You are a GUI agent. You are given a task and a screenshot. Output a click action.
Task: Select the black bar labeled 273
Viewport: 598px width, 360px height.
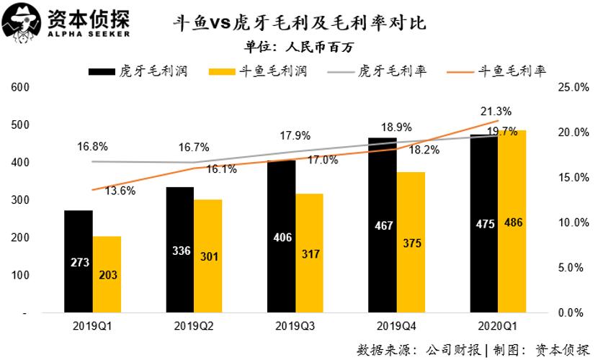78,261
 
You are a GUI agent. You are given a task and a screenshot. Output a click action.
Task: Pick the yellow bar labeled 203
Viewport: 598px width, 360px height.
107,274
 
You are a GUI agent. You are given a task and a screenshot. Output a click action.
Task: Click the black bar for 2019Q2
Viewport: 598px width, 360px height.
179,250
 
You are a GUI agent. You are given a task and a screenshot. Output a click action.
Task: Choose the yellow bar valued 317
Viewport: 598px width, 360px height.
310,253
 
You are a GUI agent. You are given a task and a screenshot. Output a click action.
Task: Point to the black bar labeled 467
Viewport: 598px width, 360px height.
383,225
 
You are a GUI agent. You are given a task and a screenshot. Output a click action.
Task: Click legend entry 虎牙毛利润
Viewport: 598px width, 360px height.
136,72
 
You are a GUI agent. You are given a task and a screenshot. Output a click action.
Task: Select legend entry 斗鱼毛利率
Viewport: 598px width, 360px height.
496,72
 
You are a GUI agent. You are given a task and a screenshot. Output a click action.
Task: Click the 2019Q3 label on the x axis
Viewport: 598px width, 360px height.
295,325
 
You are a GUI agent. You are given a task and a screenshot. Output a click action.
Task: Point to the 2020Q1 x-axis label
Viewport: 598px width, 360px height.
498,325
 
